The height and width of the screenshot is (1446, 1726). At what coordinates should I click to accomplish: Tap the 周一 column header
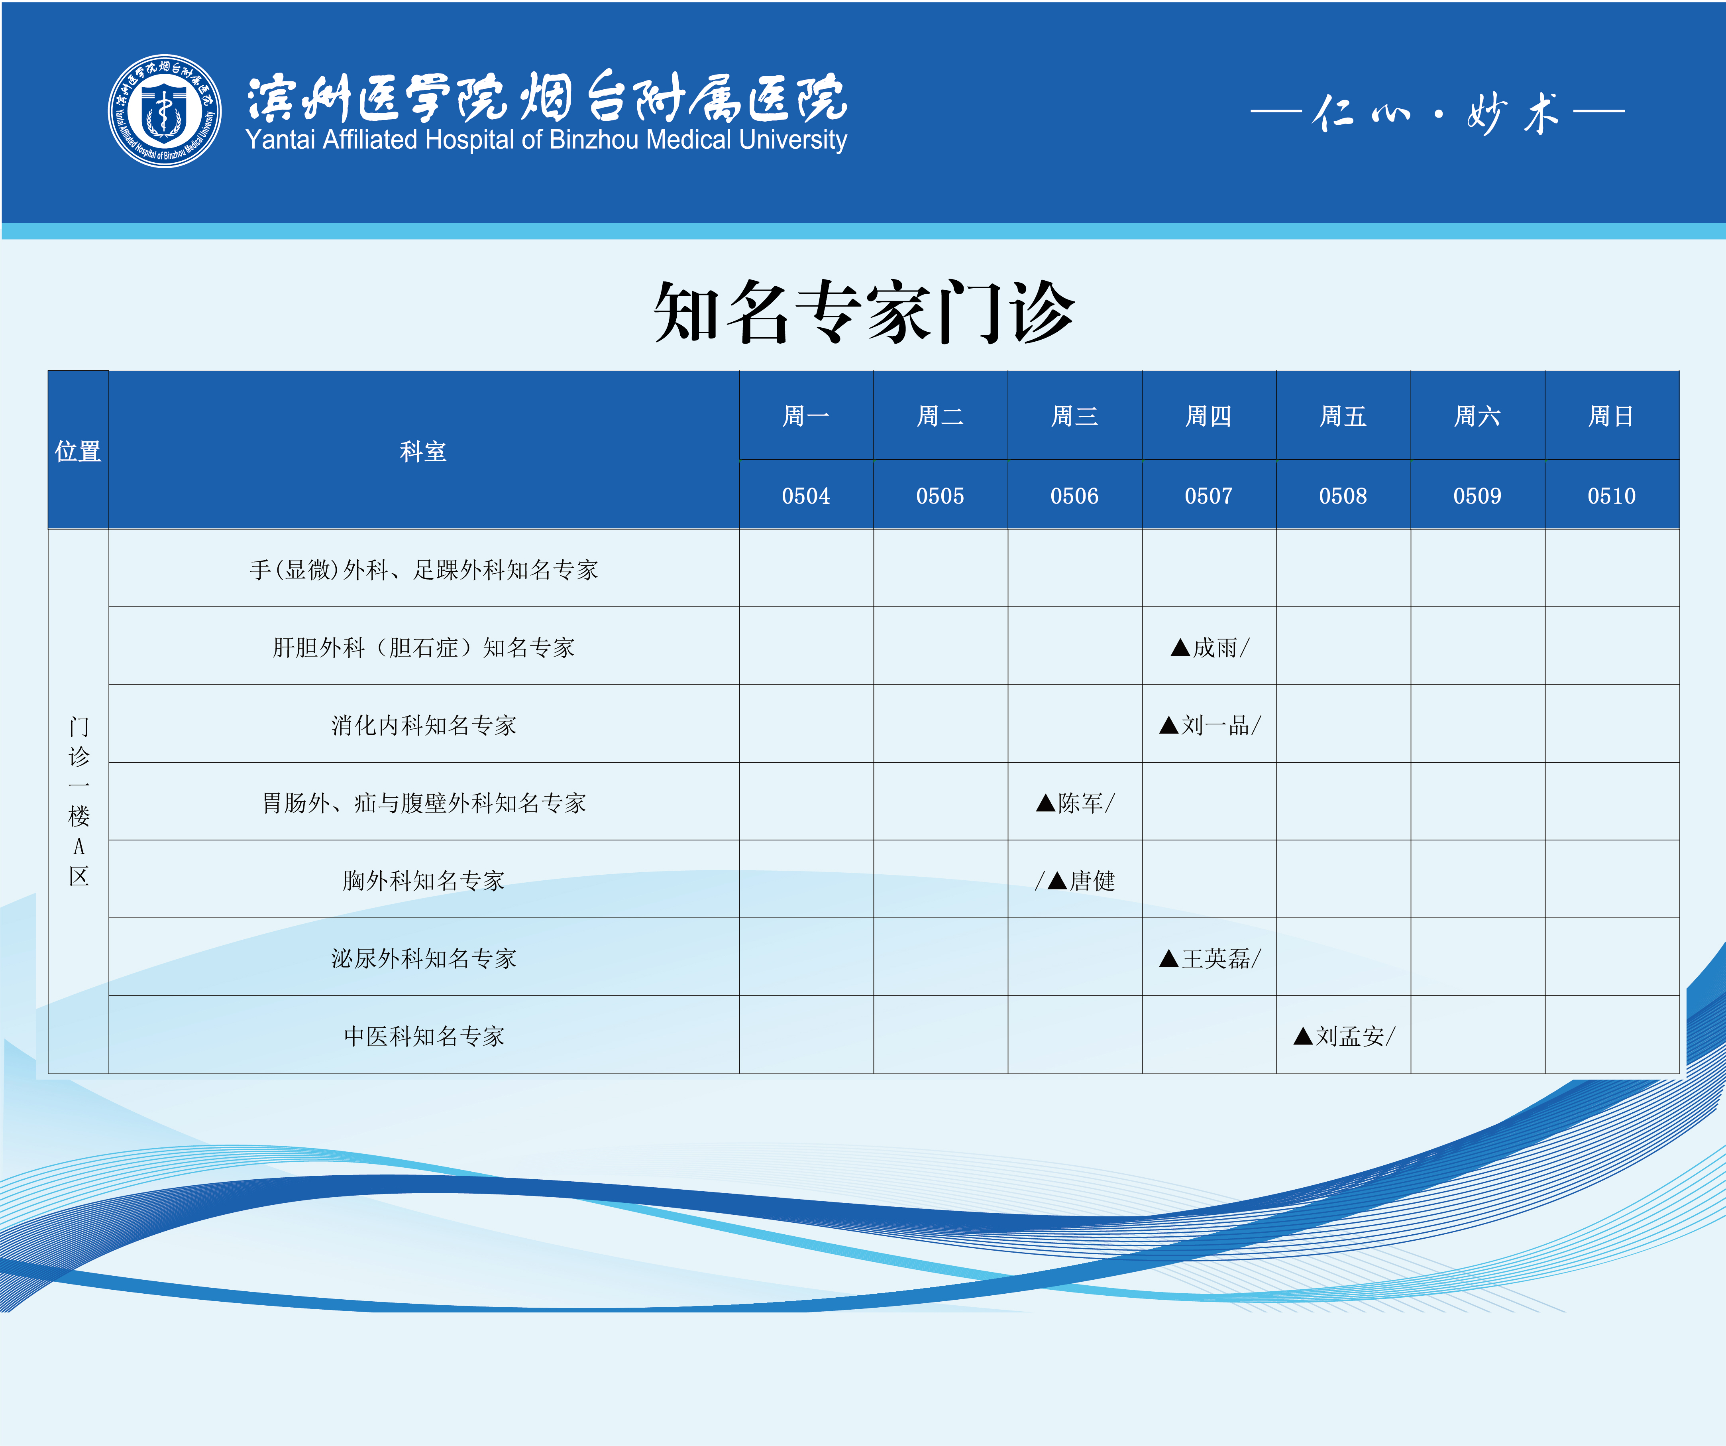coord(805,416)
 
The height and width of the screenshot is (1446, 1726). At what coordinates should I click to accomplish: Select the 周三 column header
coord(1074,416)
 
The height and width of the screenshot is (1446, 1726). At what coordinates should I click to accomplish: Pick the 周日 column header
coord(1611,416)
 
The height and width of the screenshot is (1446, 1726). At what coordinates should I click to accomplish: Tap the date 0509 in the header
coord(1477,496)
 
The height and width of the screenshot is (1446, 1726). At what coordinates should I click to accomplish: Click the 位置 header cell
coord(78,451)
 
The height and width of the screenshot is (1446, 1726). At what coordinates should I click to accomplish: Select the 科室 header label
coord(423,451)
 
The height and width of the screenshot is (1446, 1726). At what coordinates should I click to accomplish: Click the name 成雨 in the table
coord(1215,648)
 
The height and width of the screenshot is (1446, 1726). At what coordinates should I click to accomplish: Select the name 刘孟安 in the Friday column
coord(1349,1036)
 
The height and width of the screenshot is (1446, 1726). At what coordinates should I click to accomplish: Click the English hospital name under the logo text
coord(546,140)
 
